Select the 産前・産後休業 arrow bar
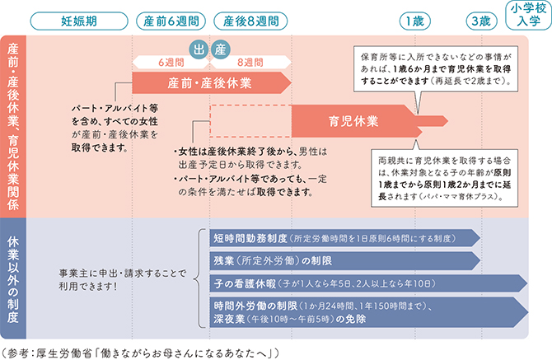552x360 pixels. pyautogui.click(x=210, y=82)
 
